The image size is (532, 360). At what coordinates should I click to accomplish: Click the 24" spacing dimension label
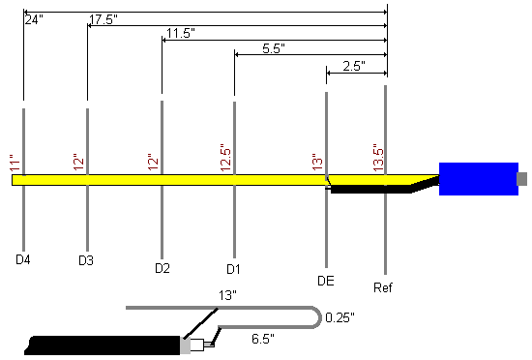point(34,19)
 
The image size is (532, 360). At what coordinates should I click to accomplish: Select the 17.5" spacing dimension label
point(103,19)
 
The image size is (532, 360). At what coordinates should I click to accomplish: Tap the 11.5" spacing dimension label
point(181,33)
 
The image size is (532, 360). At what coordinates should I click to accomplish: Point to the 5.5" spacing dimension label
point(274,48)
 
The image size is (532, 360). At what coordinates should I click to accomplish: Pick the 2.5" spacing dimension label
point(354,66)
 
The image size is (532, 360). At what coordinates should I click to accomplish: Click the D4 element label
point(23,259)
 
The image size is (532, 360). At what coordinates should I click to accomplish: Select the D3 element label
point(86,260)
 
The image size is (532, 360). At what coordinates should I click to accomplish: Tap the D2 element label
point(163,268)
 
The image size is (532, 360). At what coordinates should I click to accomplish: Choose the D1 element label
point(233,269)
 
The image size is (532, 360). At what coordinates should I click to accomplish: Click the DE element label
point(326,281)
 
